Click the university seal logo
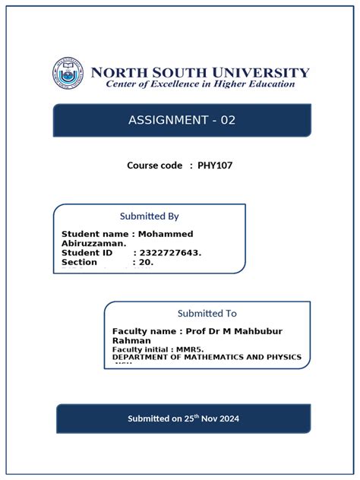point(68,74)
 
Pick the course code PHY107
point(215,165)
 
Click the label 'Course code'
point(155,165)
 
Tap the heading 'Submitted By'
point(150,216)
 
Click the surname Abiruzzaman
point(93,243)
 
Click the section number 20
point(147,262)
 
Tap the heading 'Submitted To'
point(207,313)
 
